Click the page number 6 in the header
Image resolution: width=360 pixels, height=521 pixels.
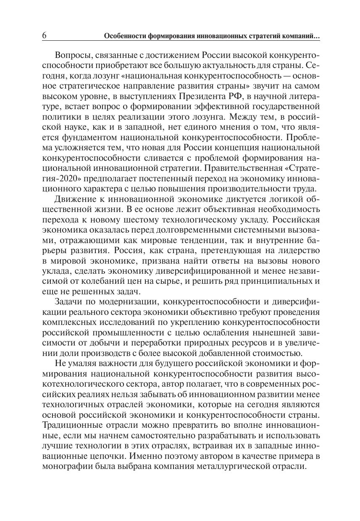(45, 36)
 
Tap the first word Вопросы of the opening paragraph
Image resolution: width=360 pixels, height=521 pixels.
(74, 56)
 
